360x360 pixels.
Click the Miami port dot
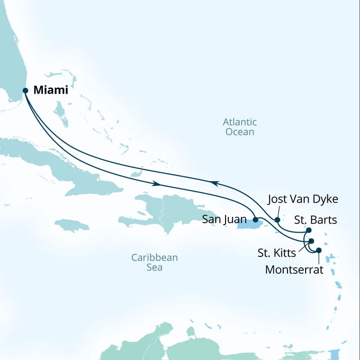[25, 90]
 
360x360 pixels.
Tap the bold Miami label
[51, 90]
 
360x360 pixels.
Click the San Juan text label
[224, 220]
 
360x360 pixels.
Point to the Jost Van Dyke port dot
[277, 220]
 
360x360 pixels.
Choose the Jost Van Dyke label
[303, 200]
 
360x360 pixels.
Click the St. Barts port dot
[309, 230]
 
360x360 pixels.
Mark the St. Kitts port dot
[311, 241]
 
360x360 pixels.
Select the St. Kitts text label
[277, 253]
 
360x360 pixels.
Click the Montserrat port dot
[319, 250]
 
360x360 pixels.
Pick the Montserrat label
[294, 270]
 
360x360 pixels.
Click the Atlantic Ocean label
[240, 127]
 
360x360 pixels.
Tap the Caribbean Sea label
[155, 262]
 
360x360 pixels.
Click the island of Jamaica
[72, 225]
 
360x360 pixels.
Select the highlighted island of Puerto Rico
[250, 224]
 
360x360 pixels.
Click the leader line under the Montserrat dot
[319, 258]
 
